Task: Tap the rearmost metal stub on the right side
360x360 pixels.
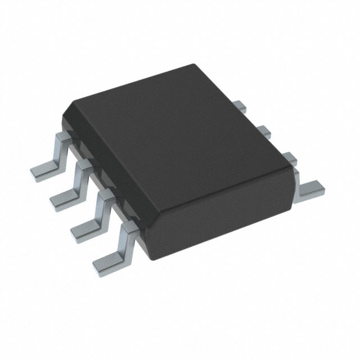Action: coord(240,105)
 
